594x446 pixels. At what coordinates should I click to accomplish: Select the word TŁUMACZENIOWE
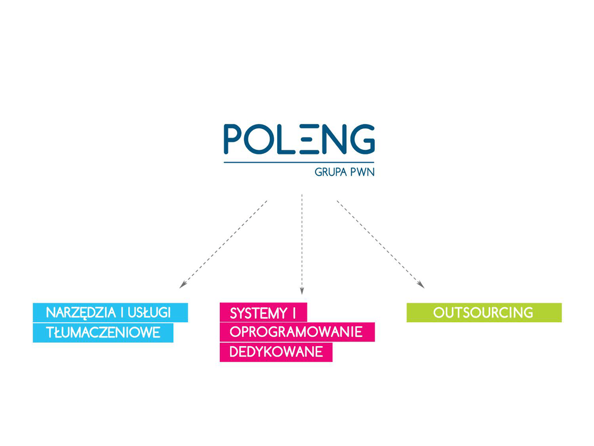pyautogui.click(x=103, y=333)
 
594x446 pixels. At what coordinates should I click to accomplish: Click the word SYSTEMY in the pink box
pyautogui.click(x=258, y=314)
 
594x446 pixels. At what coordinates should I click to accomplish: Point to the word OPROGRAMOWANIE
pyautogui.click(x=296, y=333)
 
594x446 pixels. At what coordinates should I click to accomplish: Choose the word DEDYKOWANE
pyautogui.click(x=276, y=352)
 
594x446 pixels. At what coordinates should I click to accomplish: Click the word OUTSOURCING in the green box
pyautogui.click(x=483, y=313)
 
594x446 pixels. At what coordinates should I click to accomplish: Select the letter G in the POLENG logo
pyautogui.click(x=362, y=139)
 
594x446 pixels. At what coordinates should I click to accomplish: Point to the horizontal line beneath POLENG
pyautogui.click(x=299, y=162)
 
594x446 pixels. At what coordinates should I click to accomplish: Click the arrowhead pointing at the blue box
pyautogui.click(x=182, y=285)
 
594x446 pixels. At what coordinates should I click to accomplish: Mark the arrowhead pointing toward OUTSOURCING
pyautogui.click(x=421, y=285)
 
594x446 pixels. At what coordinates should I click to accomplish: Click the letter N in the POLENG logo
pyautogui.click(x=337, y=139)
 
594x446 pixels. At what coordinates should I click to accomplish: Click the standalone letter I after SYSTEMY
pyautogui.click(x=295, y=314)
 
